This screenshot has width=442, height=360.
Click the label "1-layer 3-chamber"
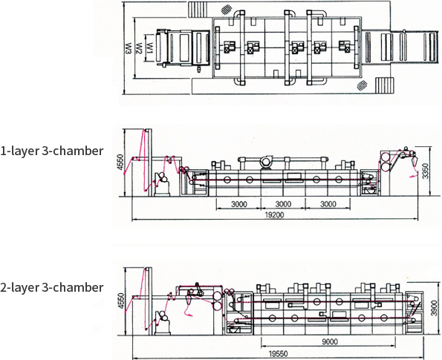[x=51, y=151]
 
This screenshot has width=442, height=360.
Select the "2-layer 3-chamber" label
[x=51, y=287]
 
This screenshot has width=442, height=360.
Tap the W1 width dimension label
[x=150, y=48]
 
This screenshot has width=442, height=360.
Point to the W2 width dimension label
[x=139, y=48]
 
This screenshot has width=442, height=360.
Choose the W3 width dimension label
[x=129, y=48]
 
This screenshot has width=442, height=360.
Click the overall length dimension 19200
[x=275, y=215]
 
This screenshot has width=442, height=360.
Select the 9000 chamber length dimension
[x=330, y=342]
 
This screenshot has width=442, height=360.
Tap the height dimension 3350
[x=426, y=171]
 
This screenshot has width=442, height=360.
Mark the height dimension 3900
[x=435, y=308]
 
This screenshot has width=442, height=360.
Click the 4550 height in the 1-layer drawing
[x=120, y=162]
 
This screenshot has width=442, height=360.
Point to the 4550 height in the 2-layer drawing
[x=120, y=301]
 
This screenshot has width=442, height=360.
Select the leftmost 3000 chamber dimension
[x=239, y=204]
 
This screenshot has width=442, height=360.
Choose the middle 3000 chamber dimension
[x=283, y=204]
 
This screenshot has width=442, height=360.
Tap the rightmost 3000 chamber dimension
[x=328, y=204]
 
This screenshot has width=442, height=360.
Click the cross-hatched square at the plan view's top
[x=227, y=10]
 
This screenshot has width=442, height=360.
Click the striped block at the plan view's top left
[x=198, y=10]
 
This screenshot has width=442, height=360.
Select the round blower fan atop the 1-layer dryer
[x=265, y=162]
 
